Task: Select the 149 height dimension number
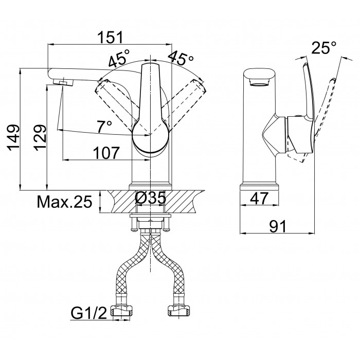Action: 13,138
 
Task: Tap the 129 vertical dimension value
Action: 40,138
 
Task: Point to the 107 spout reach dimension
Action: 106,153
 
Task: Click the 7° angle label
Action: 104,127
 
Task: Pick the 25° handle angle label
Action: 324,47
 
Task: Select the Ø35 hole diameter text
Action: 150,197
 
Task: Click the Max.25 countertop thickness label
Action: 64,202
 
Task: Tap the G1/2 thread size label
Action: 89,313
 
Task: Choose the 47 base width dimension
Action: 259,198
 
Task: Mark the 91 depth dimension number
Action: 278,226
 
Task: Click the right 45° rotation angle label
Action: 181,58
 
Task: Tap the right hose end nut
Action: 178,311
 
